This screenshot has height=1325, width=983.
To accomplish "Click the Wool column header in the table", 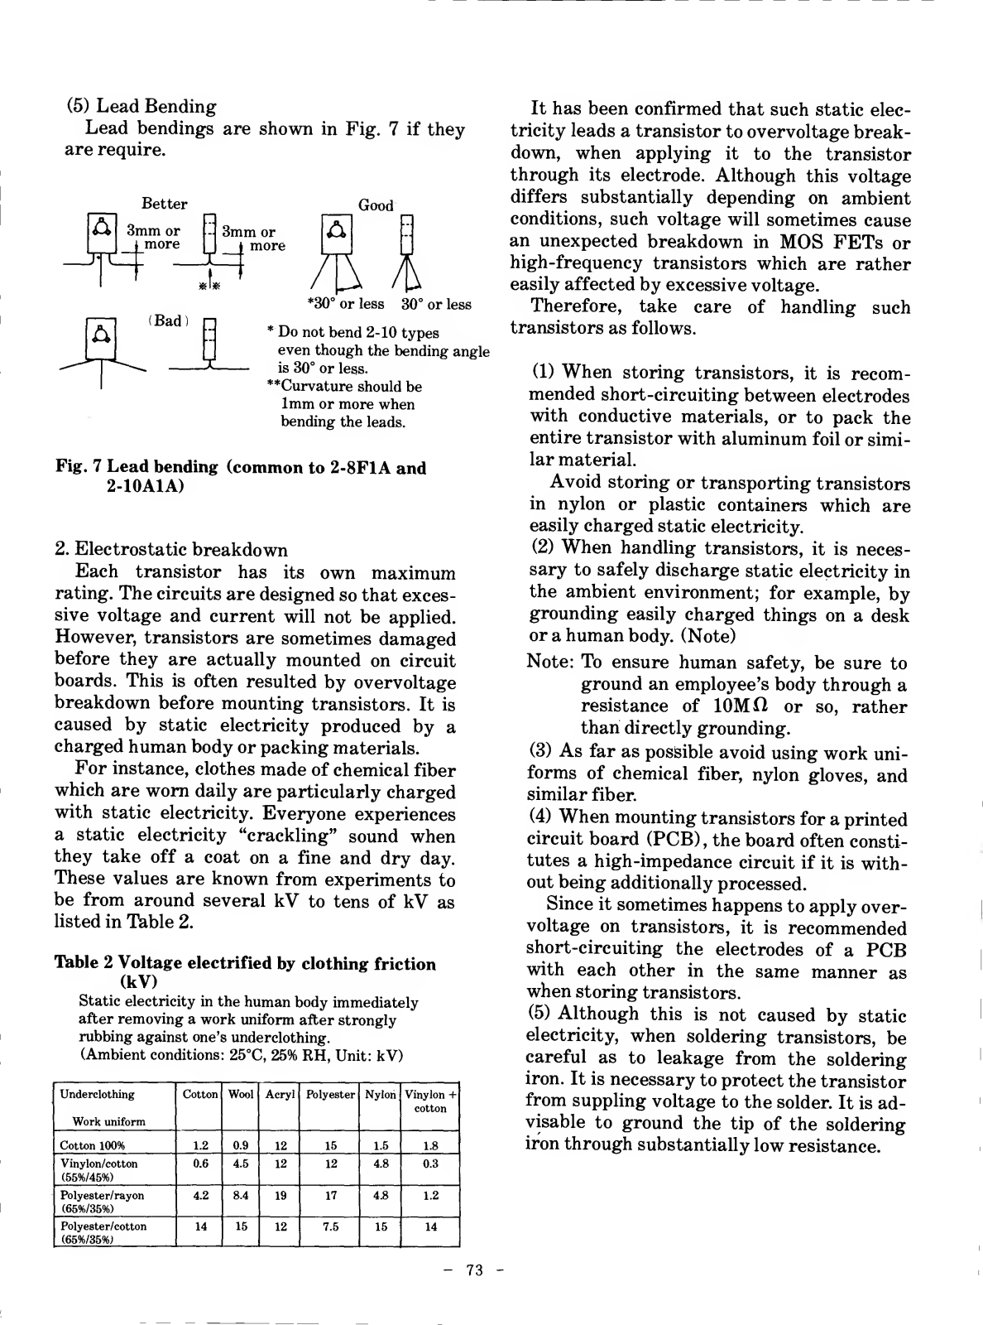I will tap(241, 1095).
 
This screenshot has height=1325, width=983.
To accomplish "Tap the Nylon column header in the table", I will tap(381, 1095).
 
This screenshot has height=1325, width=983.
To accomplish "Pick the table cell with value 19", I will tap(281, 1196).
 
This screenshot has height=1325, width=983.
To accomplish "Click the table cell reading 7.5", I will tap(330, 1226).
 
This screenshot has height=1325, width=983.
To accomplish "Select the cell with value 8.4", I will tap(241, 1196).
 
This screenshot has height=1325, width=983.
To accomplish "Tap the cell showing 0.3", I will tap(430, 1164).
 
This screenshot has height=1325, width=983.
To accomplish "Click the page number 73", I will tap(474, 1271).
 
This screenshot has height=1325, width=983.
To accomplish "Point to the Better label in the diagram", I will tap(165, 204).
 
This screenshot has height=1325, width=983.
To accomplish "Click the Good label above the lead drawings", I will tap(376, 205).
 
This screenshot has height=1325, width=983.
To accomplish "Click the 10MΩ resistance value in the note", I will tap(741, 706).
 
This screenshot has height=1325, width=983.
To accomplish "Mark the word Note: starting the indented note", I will tap(550, 663).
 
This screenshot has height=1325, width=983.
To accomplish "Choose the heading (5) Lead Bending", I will tap(141, 106).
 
